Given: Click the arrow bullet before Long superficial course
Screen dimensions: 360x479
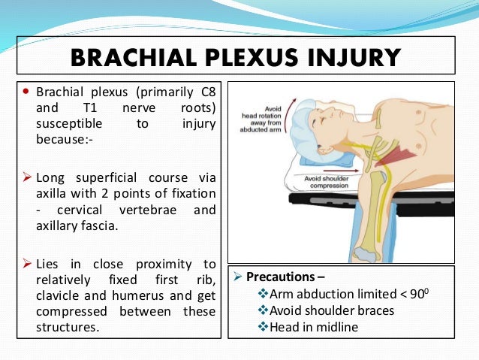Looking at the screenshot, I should tap(26, 177).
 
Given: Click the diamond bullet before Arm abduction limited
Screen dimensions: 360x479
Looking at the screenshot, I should tap(262, 293).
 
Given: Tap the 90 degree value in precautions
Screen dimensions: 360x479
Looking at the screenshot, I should tap(406, 293).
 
